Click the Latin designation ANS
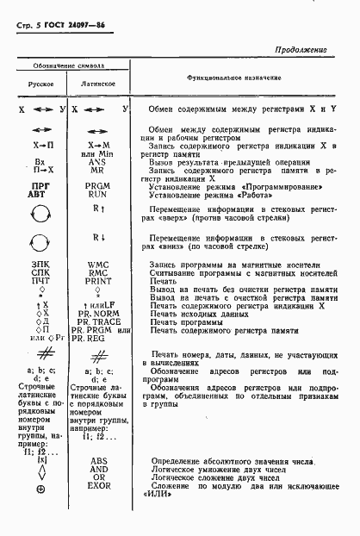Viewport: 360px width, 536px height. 98,162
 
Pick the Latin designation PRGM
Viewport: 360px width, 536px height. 98,186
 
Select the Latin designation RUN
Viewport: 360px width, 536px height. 98,195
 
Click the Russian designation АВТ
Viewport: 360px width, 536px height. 37,195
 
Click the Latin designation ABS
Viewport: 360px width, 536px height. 98,461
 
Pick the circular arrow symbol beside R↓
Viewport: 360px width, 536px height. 39,247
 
